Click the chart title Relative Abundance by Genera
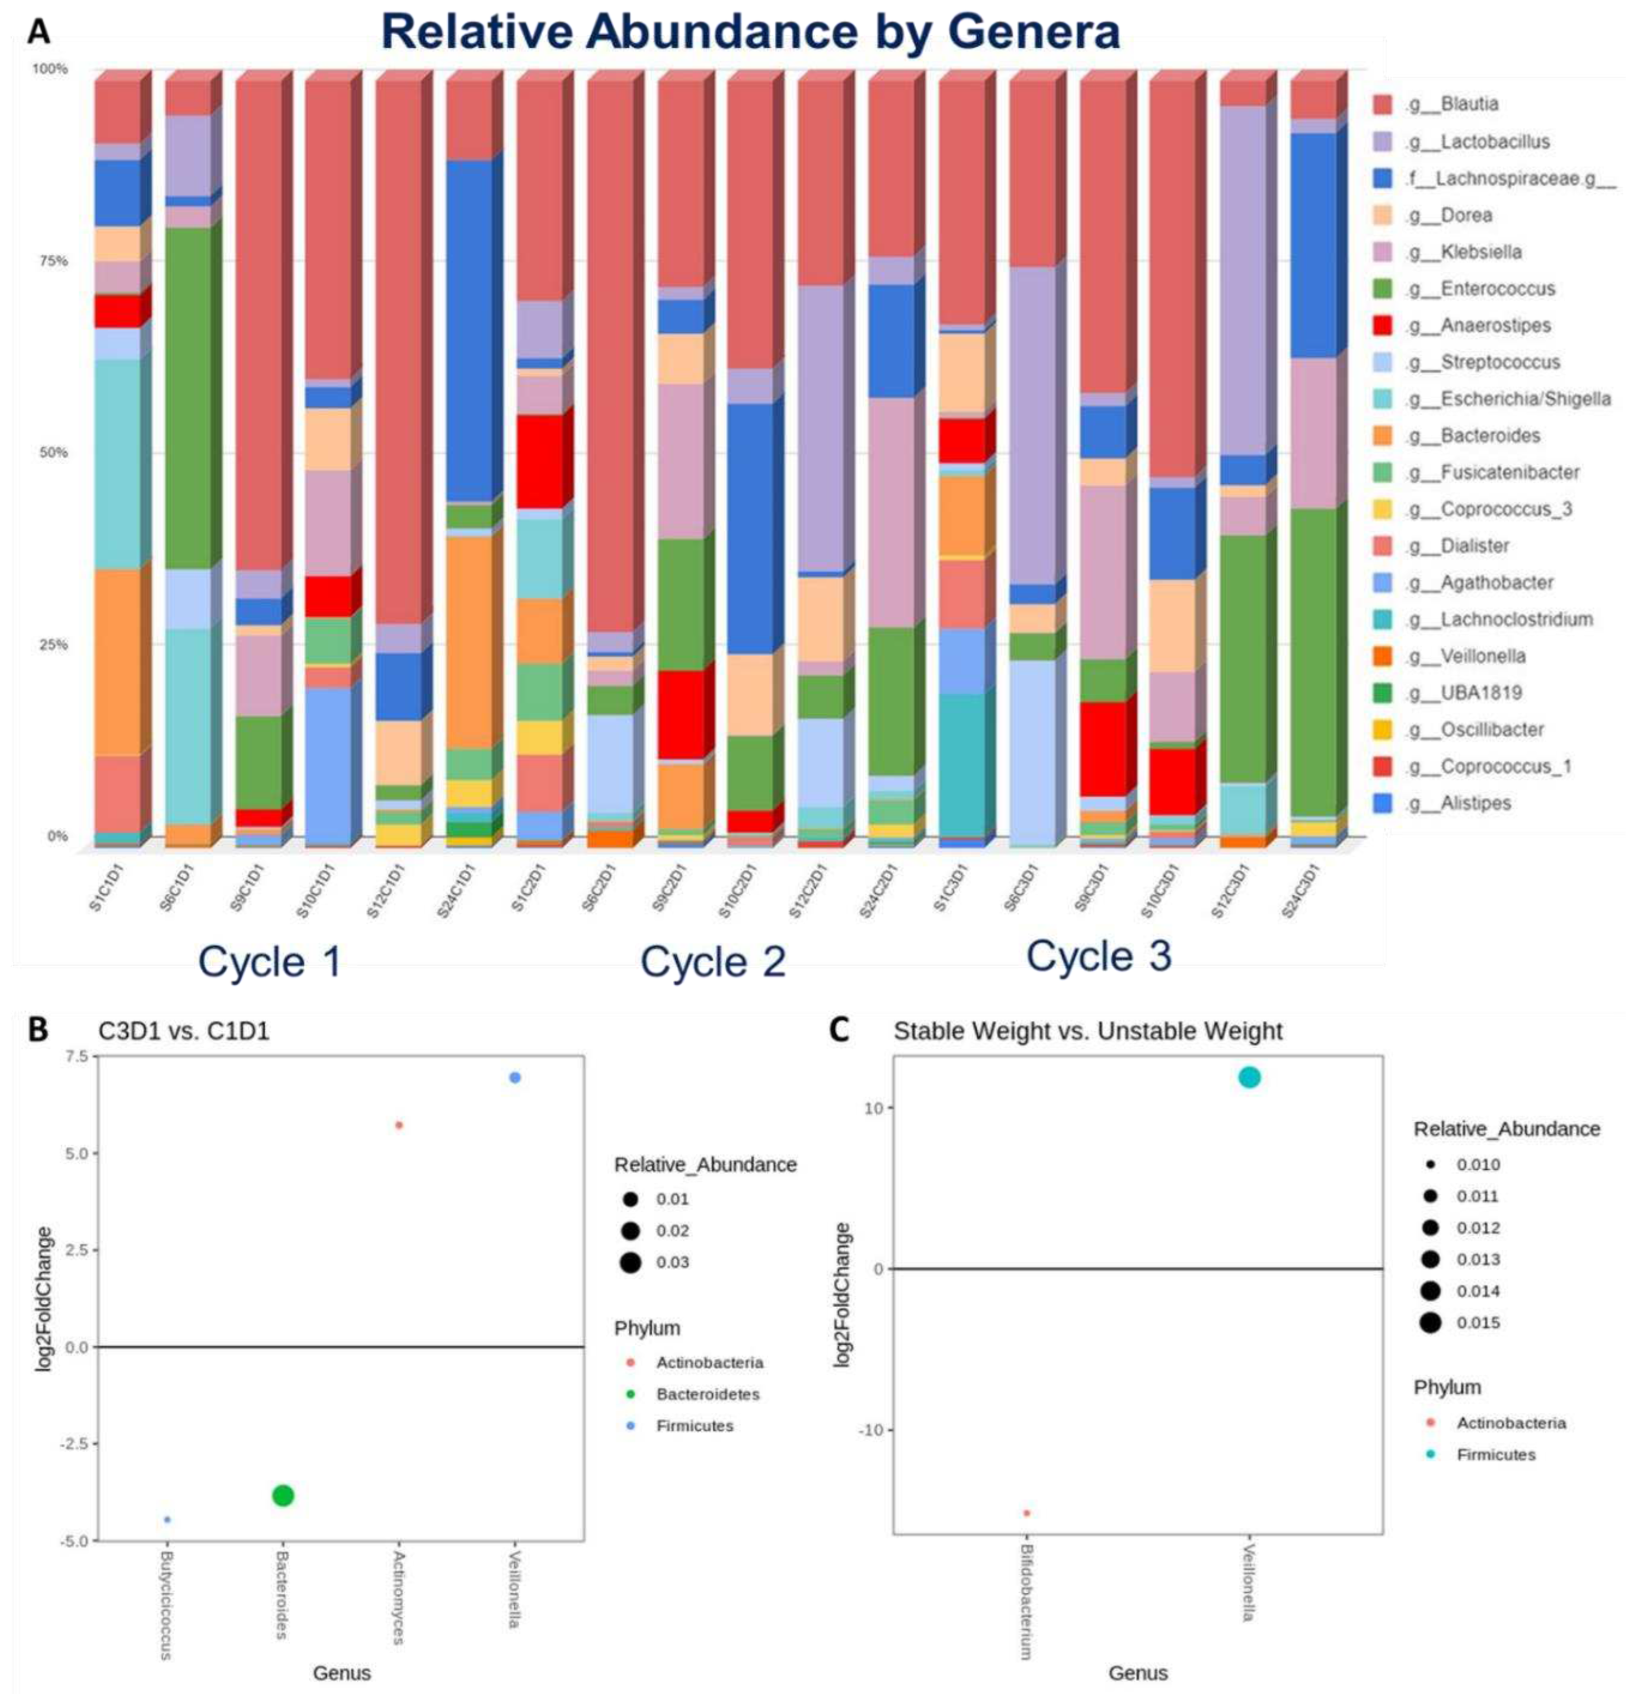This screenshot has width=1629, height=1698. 750,32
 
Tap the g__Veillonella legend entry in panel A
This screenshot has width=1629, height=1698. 1482,656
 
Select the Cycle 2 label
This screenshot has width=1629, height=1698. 712,962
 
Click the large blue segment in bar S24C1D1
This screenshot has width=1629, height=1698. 470,329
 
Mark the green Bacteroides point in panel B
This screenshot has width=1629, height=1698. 282,1495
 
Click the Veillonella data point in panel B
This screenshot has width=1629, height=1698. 515,1078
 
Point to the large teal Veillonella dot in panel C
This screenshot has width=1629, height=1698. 1249,1078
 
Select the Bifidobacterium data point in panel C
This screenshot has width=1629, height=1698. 1026,1514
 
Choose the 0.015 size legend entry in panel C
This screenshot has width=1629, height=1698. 1477,1323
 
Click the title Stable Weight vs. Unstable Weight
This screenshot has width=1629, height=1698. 1087,1031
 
